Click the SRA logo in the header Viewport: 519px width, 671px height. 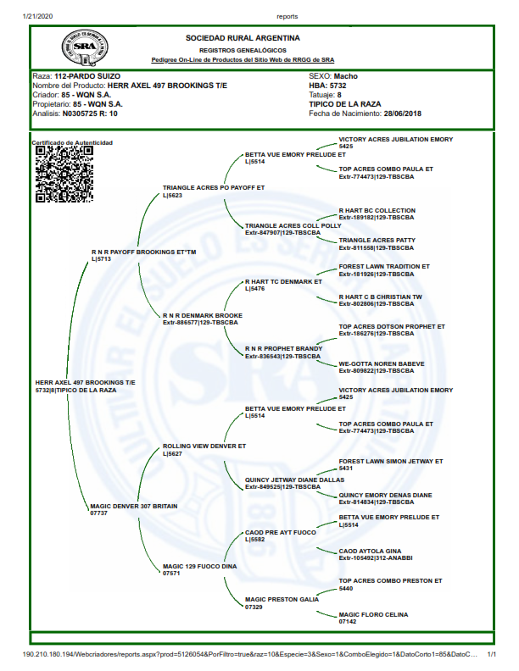tap(83, 47)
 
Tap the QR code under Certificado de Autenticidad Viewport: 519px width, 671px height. tap(64, 174)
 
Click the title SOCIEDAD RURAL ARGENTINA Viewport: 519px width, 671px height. tap(243, 38)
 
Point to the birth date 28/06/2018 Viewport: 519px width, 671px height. tap(402, 113)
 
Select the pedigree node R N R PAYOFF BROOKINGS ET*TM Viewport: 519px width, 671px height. tap(143, 252)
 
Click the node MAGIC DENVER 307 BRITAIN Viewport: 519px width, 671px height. tap(133, 506)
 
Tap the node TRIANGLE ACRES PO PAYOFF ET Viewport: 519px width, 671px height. tap(214, 186)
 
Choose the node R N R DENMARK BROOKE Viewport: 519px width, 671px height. tap(202, 315)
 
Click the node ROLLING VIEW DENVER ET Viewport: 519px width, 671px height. tap(204, 445)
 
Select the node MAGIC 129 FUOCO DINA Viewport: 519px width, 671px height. tap(199, 566)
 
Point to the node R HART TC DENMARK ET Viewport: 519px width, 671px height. tap(283, 281)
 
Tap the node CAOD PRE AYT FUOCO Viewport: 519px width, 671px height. tap(281, 532)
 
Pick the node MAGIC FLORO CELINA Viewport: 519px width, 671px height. tap(374, 614)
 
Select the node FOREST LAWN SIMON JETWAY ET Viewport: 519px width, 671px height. tap(391, 461)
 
